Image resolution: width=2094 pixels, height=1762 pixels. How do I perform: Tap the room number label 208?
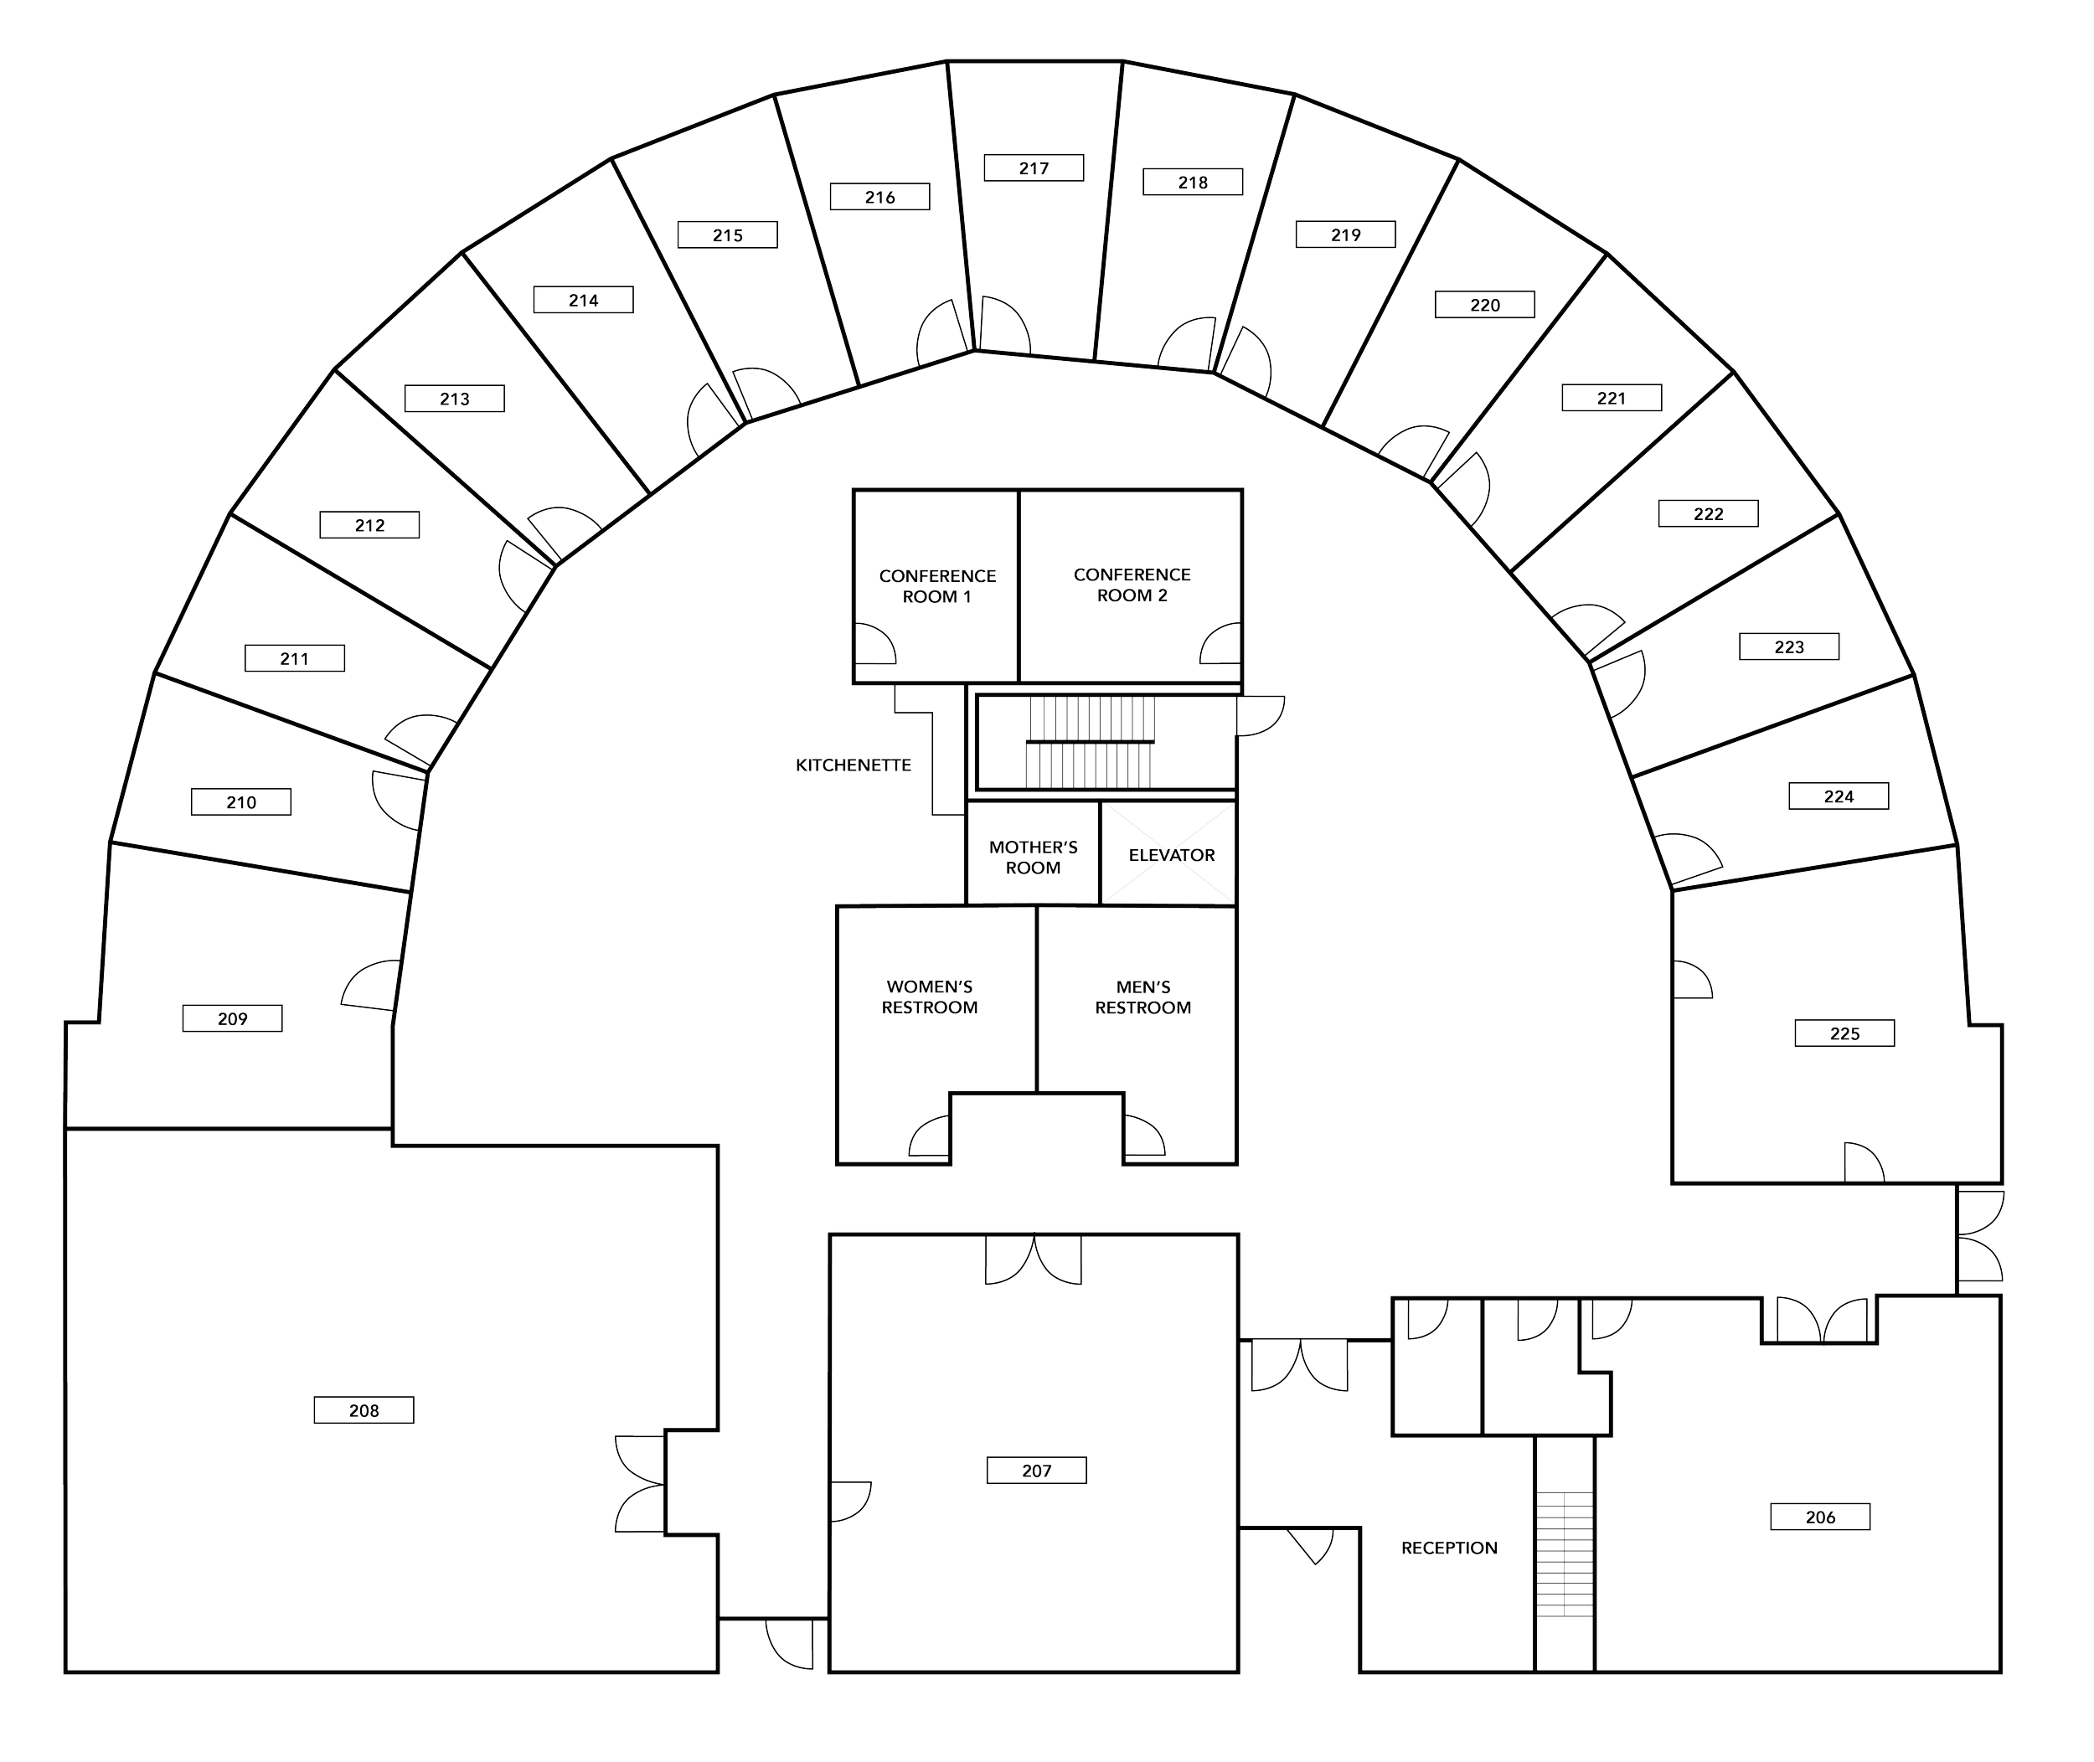point(364,1410)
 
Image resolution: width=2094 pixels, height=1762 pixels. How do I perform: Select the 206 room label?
point(1820,1517)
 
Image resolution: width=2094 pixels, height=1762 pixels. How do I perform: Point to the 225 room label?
point(1844,1033)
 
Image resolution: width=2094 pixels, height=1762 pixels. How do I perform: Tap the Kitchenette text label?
point(854,766)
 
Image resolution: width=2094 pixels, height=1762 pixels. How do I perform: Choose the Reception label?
point(1448,1548)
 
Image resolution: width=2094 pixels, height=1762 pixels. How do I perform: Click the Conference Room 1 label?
point(937,586)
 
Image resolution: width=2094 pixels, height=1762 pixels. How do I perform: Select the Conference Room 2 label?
point(1132,585)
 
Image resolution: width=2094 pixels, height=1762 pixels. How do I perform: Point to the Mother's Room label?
point(1033,857)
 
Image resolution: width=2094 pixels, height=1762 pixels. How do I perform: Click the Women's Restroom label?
point(929,997)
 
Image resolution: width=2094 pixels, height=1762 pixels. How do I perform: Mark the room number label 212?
point(369,524)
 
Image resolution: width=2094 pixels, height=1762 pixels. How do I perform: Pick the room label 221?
point(1611,398)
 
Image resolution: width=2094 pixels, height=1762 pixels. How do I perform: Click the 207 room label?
point(1036,1471)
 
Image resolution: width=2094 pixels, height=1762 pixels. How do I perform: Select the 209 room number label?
point(232,1019)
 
